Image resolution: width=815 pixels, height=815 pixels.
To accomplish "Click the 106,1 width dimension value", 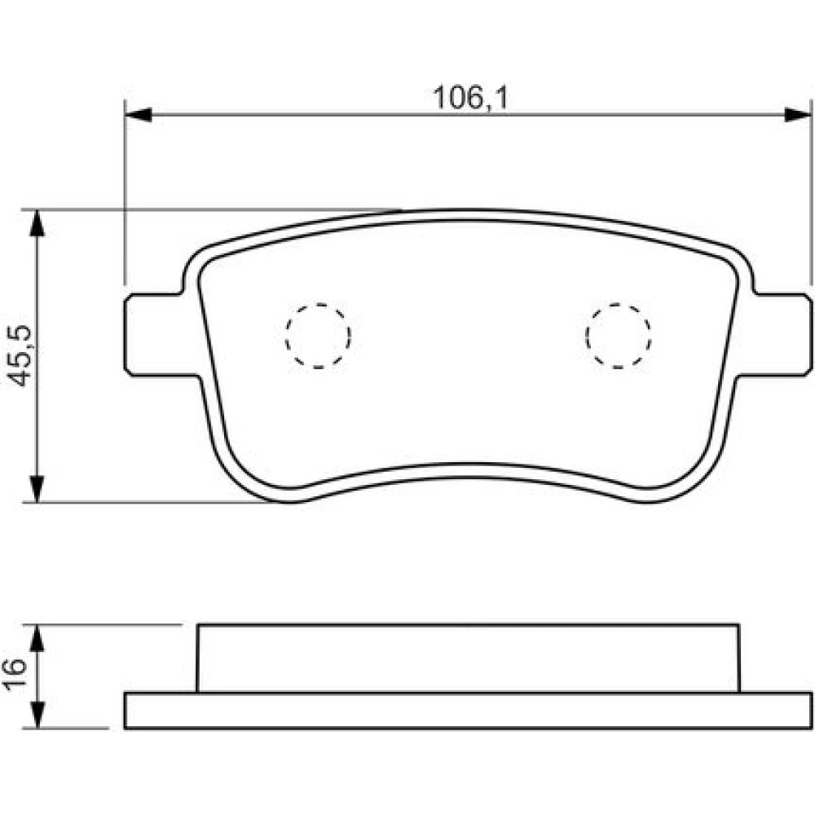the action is [470, 98].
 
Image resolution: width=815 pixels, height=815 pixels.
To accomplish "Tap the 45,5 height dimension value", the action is [22, 356].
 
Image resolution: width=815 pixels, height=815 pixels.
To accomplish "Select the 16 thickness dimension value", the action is [15, 673].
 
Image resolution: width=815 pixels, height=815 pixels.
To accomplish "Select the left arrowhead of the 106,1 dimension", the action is [139, 115].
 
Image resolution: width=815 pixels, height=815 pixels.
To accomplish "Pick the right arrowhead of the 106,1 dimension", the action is [798, 115].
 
